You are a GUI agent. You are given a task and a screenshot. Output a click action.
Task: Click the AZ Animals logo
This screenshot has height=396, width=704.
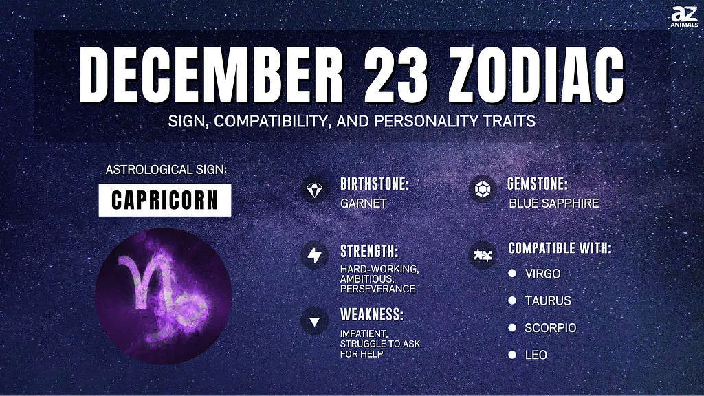(685, 17)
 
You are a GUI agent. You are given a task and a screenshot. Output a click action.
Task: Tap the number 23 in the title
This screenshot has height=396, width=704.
(395, 75)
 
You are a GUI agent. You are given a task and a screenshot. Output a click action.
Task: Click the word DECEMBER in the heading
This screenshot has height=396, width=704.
(212, 75)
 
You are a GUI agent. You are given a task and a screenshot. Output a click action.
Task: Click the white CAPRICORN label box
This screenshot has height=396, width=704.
(165, 200)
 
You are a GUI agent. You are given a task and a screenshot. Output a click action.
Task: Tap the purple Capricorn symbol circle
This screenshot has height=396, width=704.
(164, 296)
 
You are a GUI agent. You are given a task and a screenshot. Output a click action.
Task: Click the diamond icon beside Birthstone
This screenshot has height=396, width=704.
(314, 190)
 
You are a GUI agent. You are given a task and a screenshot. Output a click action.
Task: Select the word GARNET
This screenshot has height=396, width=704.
(363, 203)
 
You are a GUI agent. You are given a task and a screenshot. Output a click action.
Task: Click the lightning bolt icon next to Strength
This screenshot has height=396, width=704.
(314, 256)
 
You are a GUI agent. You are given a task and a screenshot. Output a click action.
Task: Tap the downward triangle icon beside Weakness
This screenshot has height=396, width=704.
(314, 322)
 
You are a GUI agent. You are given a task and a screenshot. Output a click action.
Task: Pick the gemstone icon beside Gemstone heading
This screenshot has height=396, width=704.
(483, 190)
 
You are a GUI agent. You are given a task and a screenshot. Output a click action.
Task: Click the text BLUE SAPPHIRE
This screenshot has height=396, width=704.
(554, 203)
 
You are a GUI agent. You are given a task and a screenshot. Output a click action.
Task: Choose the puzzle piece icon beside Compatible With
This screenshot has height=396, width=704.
(483, 256)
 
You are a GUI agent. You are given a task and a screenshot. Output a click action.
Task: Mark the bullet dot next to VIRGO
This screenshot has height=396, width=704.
(512, 273)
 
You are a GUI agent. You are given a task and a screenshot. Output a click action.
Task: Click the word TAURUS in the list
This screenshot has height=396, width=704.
(548, 300)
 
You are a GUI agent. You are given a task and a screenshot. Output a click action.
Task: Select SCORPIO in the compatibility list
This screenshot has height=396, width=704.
(551, 328)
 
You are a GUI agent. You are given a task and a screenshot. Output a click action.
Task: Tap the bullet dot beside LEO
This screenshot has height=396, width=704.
(512, 355)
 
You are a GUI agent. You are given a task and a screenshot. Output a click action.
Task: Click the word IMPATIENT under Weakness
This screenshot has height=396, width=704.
(364, 333)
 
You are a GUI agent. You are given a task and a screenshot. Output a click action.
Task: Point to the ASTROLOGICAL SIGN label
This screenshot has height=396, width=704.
(166, 170)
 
